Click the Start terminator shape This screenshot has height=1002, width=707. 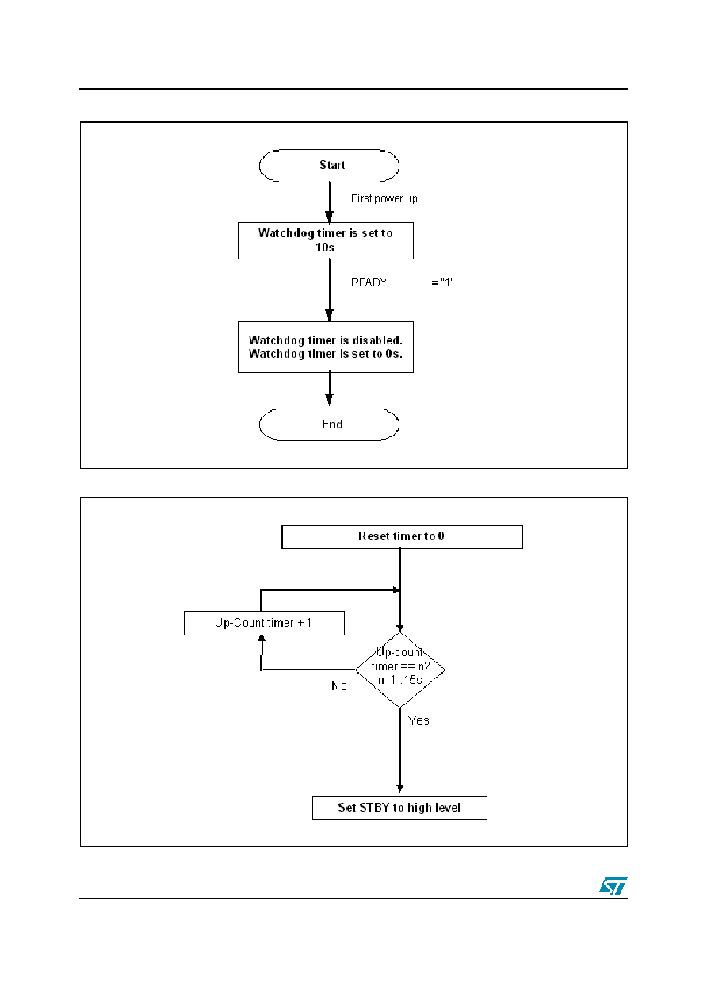[329, 166]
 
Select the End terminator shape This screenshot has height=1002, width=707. [329, 424]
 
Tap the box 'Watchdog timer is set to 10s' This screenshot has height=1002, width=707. [325, 240]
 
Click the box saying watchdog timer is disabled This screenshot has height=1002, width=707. [325, 347]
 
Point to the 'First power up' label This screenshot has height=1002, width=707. [384, 198]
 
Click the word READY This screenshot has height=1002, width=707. [369, 282]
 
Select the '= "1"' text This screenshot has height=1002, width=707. [442, 282]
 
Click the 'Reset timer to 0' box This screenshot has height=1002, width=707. [402, 537]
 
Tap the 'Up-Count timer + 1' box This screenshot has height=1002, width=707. [264, 623]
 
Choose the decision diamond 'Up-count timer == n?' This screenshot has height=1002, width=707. [400, 670]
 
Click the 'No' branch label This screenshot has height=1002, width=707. [339, 686]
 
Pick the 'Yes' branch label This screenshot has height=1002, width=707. [418, 720]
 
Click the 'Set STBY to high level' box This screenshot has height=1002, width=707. [399, 808]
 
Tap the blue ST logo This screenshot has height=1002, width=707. [613, 885]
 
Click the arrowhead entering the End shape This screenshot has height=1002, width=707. [330, 400]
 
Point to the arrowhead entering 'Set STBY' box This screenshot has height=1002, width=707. [400, 788]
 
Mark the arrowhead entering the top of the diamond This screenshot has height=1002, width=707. [400, 628]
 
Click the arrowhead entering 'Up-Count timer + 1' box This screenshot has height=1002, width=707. [262, 639]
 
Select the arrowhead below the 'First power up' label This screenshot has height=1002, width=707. [330, 217]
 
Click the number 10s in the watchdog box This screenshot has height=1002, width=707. [325, 248]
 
